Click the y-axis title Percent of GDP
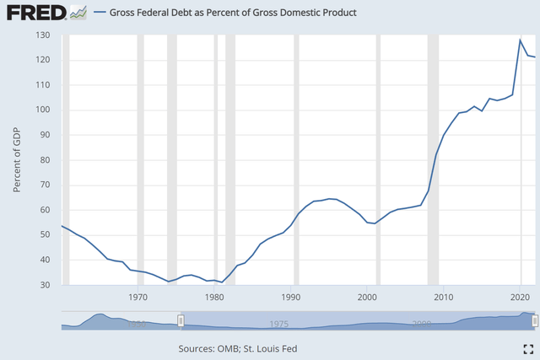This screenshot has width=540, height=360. coord(18,160)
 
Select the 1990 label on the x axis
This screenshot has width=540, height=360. coord(291,298)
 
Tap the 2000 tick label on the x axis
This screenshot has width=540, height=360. coord(367,298)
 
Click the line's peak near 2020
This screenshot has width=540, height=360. coord(521,40)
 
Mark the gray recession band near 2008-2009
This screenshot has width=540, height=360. coord(433,160)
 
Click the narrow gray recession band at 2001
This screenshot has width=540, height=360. coord(378,160)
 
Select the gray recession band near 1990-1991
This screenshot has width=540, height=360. coord(296,160)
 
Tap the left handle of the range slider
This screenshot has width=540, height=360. coord(181,322)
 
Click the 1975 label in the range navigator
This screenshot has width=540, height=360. coord(279,324)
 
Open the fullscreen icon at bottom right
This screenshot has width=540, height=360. coord(528,348)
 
